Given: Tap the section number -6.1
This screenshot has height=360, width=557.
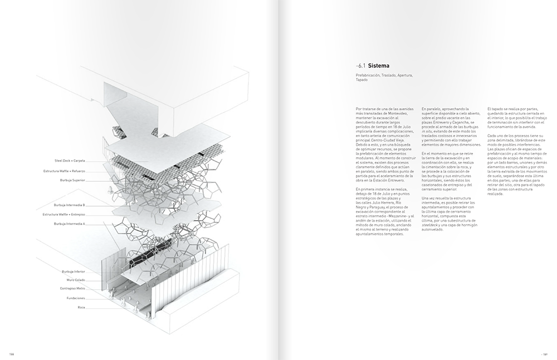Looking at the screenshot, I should click(x=361, y=65).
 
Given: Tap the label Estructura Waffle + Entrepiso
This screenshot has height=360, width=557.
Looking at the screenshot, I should click(x=65, y=214).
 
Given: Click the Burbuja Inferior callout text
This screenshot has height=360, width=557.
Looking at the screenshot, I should click(x=74, y=271).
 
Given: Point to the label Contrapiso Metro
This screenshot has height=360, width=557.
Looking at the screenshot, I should click(x=73, y=288).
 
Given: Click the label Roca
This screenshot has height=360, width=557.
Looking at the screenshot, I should click(x=81, y=307).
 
